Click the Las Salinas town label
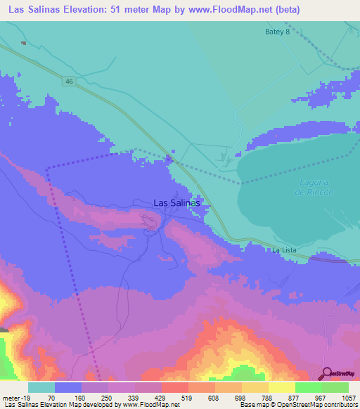[x=177, y=202]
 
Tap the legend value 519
[x=176, y=397]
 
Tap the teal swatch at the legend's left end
[x=41, y=387]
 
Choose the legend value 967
[x=307, y=397]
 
